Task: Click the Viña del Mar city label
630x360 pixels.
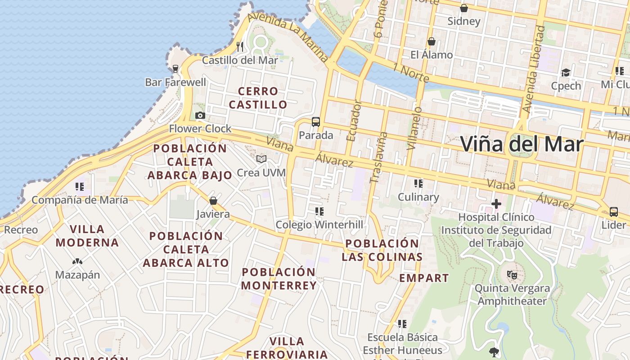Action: click(522, 144)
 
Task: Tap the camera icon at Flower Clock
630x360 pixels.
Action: click(200, 116)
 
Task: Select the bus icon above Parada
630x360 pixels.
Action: click(316, 121)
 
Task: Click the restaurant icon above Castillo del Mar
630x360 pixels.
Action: click(240, 46)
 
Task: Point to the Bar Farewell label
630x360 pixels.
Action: click(175, 82)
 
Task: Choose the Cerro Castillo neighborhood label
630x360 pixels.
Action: click(258, 98)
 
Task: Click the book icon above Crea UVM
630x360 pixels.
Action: click(261, 159)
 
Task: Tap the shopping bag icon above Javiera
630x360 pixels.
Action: click(213, 201)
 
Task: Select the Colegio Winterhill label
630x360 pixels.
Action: click(319, 225)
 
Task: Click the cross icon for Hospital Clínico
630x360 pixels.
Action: click(496, 204)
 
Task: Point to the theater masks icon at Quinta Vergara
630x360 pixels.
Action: click(512, 274)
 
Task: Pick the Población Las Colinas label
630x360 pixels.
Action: click(382, 250)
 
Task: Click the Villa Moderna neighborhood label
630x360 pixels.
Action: click(87, 236)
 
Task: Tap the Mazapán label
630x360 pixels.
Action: click(77, 275)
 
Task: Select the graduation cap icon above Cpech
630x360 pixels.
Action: click(566, 72)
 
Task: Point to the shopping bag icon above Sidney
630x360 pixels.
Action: click(464, 8)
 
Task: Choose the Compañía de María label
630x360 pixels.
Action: click(80, 200)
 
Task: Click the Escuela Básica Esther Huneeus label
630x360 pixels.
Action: click(402, 344)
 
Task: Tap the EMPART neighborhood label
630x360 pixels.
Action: click(424, 278)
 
